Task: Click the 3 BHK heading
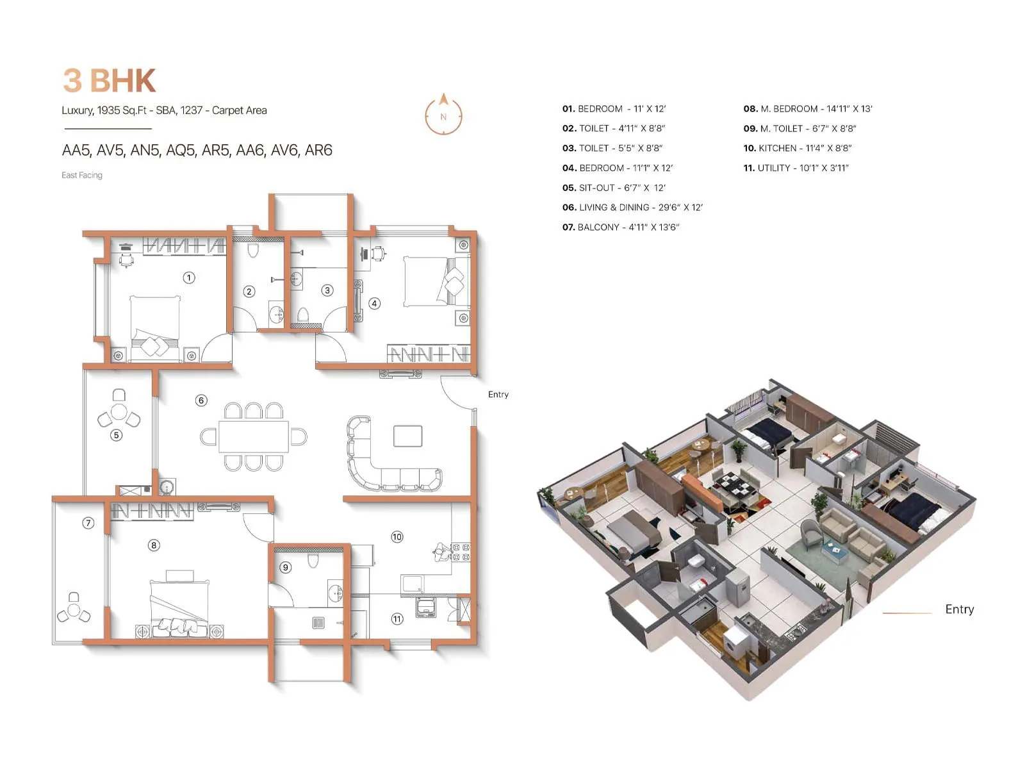(110, 81)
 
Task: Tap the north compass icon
(443, 116)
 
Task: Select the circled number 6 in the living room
(201, 401)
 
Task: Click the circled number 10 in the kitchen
(397, 537)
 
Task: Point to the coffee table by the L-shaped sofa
(407, 436)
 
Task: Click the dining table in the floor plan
(253, 436)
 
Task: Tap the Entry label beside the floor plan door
(498, 395)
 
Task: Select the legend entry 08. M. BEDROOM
(807, 109)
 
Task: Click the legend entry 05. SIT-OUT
(613, 188)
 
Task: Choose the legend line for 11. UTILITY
(796, 168)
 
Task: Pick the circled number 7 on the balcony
(88, 523)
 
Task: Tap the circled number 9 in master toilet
(286, 567)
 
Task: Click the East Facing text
(82, 175)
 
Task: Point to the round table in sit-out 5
(119, 411)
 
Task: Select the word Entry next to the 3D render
(959, 609)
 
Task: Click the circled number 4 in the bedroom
(375, 304)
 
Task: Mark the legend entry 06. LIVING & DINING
(632, 208)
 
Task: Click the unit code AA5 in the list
(76, 151)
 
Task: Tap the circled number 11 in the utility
(397, 619)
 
